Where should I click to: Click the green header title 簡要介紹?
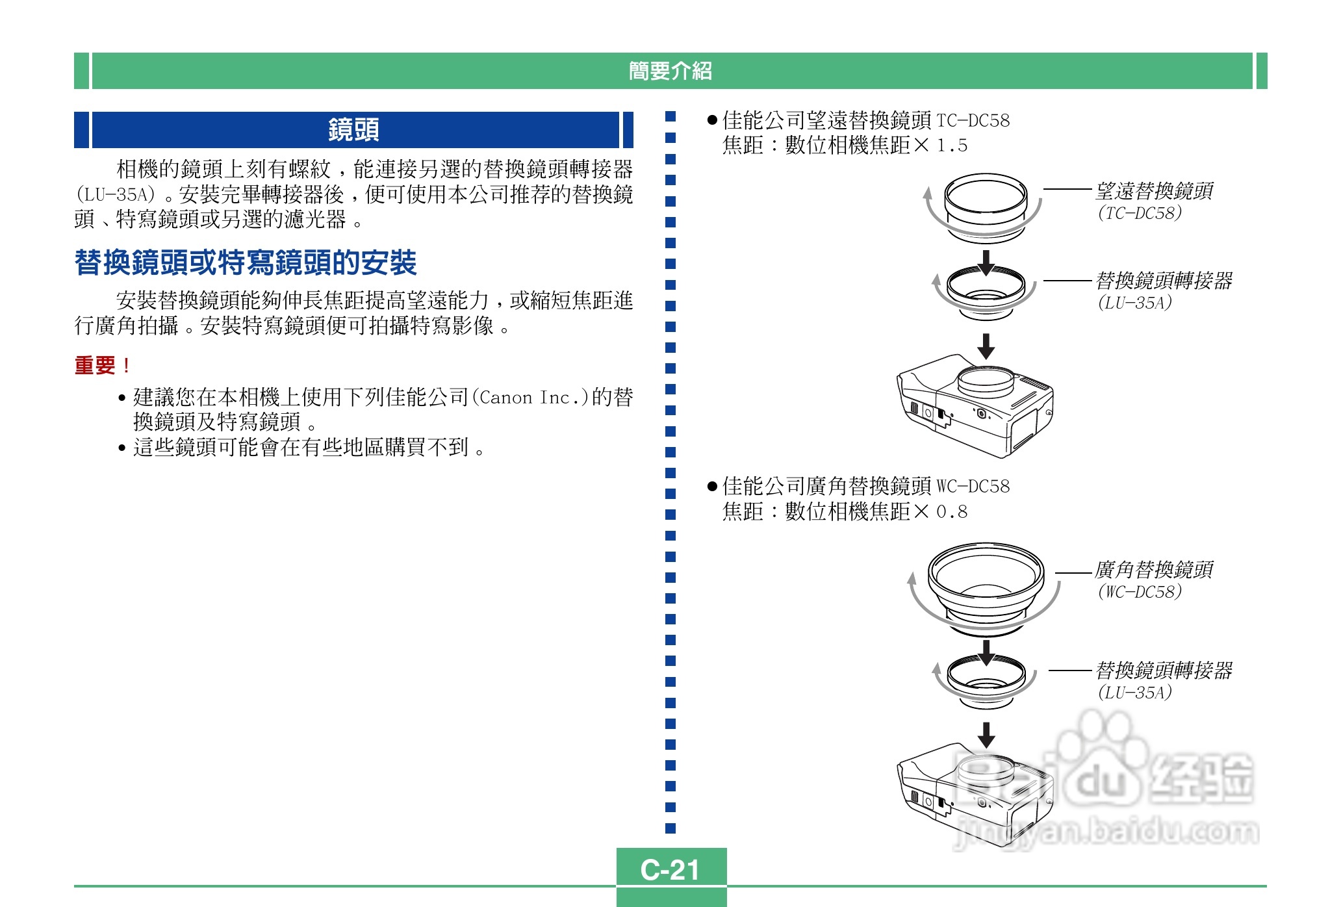coord(670,71)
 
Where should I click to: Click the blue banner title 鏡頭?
coord(353,130)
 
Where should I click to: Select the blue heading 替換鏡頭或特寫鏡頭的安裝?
coord(246,263)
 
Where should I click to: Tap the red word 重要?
coord(102,365)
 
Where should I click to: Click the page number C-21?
coord(670,869)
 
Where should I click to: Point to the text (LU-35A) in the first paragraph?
coord(116,194)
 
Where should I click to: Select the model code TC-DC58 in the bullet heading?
coord(973,121)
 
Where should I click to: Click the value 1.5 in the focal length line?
coord(952,146)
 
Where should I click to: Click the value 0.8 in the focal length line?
coord(952,512)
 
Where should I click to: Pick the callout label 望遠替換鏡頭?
coord(1154,191)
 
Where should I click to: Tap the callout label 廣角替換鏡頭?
coord(1154,570)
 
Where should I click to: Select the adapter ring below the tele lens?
coord(986,292)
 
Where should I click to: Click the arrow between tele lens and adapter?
coord(986,262)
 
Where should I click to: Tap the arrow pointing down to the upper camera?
coord(986,346)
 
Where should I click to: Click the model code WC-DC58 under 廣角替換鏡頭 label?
coord(1140,592)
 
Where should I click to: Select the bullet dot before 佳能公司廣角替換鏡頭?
coord(712,486)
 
